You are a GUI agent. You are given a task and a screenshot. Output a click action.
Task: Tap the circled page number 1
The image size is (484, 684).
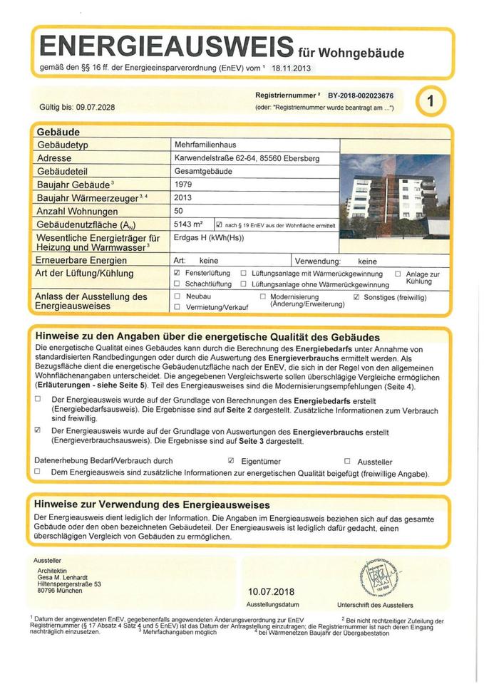coord(431,101)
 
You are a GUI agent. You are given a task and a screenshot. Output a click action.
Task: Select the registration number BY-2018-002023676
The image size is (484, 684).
coord(365,95)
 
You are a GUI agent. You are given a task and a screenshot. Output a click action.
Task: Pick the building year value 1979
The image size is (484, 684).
coord(183,184)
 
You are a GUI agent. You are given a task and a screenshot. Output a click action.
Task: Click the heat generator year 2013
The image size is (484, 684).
coord(183,197)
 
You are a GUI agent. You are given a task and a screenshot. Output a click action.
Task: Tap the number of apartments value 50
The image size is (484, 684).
coord(179,211)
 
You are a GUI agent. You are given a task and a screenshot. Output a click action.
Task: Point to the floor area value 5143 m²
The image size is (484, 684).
coord(189,224)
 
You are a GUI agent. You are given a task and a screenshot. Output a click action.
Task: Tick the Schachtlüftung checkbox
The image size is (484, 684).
coord(177,284)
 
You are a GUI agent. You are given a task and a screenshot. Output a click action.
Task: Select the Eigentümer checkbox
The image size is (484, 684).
coord(231,461)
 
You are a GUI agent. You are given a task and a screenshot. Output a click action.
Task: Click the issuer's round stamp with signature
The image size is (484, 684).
coord(373,575)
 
